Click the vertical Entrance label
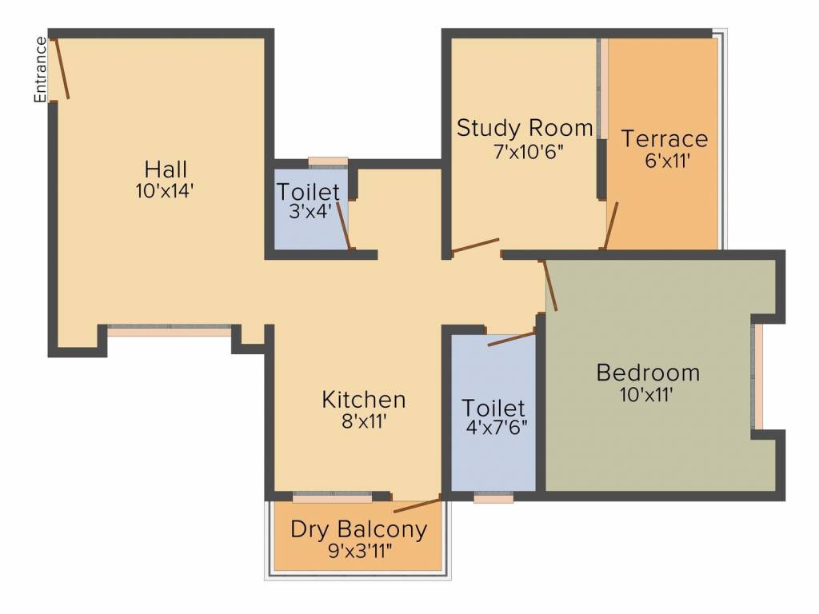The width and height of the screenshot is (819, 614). (x=39, y=70)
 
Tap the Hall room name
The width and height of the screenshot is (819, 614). (x=166, y=169)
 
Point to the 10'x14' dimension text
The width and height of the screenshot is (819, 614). (x=166, y=191)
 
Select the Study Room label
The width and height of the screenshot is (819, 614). (x=525, y=128)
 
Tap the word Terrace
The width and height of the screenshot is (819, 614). (x=665, y=138)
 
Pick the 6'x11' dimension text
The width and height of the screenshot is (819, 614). (x=667, y=160)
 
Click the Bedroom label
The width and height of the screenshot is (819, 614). (x=648, y=373)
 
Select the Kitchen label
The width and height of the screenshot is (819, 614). (x=364, y=399)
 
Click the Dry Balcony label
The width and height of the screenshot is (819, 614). (x=358, y=529)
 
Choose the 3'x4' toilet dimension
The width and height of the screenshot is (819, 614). (x=308, y=213)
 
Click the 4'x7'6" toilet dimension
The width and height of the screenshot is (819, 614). (x=494, y=427)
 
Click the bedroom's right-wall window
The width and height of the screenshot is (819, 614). (x=757, y=376)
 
